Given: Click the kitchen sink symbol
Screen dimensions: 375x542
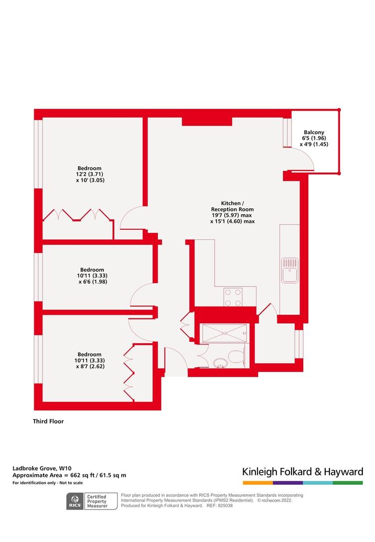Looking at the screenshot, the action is [290, 270].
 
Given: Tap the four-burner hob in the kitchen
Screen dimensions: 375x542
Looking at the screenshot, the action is [232, 297].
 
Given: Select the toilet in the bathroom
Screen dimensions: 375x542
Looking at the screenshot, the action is [237, 356].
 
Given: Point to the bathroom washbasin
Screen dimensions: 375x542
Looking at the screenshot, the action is [220, 363].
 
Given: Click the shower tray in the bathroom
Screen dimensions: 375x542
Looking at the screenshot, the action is [224, 333].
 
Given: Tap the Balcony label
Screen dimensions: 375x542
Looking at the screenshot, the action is [314, 132].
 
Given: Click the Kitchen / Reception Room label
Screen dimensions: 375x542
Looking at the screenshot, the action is [232, 206].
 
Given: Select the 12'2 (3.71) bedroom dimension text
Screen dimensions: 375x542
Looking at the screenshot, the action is [90, 174].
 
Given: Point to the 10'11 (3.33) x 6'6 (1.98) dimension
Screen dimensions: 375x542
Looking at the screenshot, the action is [92, 279].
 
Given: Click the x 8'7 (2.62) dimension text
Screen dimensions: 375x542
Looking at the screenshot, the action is [90, 366].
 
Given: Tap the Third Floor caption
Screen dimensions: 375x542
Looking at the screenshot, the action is [48, 421].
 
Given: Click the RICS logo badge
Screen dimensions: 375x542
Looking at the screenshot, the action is [75, 502].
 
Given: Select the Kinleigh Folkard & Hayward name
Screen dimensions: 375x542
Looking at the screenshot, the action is [303, 472].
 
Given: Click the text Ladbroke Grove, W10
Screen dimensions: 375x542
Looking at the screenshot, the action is [42, 469].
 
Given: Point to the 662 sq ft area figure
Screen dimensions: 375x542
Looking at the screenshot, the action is [82, 475].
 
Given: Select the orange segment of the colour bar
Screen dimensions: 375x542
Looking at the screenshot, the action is [258, 483].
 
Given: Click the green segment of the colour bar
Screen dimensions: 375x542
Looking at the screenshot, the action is [348, 483].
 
